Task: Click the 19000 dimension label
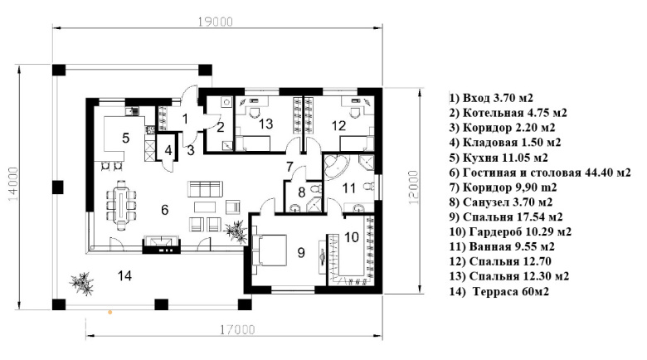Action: point(215,22)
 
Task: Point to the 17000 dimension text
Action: point(237,329)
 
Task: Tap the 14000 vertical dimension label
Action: point(13,184)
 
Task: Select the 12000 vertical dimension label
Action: point(414,187)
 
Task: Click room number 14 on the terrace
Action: point(124,275)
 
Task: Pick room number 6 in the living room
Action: point(164,210)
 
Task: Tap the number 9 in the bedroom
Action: point(301,252)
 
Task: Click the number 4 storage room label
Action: point(168,150)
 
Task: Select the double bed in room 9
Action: point(269,251)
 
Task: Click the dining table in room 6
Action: point(122,205)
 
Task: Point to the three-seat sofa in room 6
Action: point(205,188)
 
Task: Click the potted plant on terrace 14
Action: point(82,283)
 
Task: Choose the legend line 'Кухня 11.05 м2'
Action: point(499,158)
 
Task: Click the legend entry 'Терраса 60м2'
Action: point(499,291)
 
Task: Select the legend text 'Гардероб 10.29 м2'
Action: point(510,231)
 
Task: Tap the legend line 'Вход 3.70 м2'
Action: point(491,98)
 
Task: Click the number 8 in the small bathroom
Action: point(301,192)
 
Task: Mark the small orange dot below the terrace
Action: point(109,313)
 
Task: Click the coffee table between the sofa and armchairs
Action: point(205,206)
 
